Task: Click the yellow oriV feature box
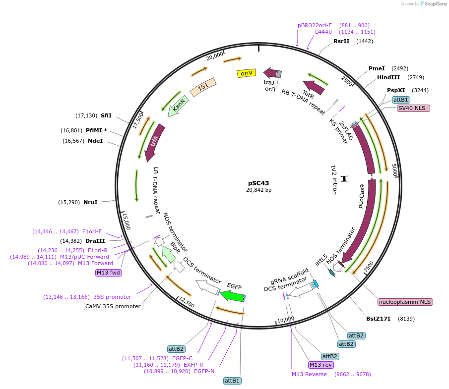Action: tap(246, 73)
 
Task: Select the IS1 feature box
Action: tap(203, 87)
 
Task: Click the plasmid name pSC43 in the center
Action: tap(258, 183)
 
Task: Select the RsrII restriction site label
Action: tap(341, 41)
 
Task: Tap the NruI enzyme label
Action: tap(90, 202)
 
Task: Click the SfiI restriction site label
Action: tap(106, 115)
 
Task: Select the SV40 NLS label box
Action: tap(413, 108)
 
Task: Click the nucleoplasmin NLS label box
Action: tap(405, 302)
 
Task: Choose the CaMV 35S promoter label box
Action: tap(113, 306)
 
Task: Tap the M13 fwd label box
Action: tap(109, 273)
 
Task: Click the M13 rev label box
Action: tap(320, 365)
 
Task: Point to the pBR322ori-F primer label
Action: tap(315, 25)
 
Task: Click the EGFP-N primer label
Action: tap(204, 371)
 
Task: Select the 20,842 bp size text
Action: tap(258, 190)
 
